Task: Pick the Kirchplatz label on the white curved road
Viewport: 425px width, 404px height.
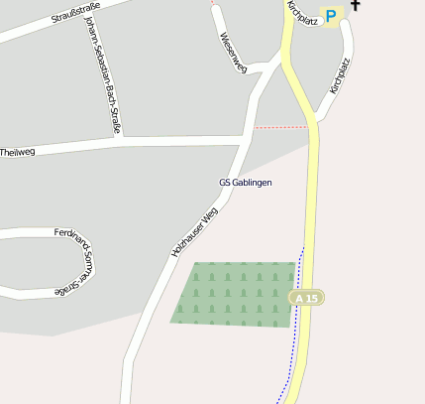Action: point(340,74)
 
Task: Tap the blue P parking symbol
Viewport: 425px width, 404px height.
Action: point(331,16)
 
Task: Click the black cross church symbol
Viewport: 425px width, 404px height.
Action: point(355,5)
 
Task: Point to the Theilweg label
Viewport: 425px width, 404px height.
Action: point(18,152)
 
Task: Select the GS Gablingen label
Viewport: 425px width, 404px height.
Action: point(245,183)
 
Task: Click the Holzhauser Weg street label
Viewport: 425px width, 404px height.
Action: point(194,232)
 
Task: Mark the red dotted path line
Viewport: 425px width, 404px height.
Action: point(280,127)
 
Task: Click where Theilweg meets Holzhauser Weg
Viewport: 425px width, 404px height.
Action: point(243,140)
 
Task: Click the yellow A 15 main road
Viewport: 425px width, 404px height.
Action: point(312,199)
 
